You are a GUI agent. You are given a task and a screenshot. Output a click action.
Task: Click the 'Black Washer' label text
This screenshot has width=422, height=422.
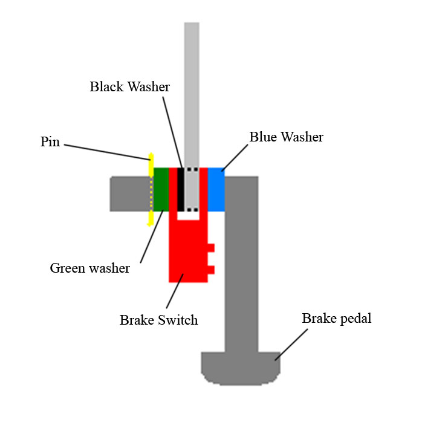[x=129, y=86]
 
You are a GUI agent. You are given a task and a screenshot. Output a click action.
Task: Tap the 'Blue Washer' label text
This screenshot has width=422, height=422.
[x=286, y=137]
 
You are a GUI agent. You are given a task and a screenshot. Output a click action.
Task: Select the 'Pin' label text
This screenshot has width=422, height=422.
[x=50, y=143]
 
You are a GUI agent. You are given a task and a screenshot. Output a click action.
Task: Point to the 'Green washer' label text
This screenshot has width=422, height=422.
[x=89, y=267]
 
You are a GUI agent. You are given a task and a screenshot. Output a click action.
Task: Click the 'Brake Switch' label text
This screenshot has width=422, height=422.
[x=158, y=320]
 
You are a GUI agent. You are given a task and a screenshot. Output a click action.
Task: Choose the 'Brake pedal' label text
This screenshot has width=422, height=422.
[x=337, y=319]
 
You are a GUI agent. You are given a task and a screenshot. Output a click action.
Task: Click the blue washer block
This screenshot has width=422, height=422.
[x=216, y=189]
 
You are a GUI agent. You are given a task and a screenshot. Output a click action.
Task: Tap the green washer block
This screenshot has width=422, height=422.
[x=160, y=189]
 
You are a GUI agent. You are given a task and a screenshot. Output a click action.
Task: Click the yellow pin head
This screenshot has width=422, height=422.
[x=149, y=164]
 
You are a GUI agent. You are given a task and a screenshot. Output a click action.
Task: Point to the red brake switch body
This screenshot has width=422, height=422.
[x=187, y=254]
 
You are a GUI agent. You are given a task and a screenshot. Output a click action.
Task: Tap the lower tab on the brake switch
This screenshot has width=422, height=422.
[x=211, y=269]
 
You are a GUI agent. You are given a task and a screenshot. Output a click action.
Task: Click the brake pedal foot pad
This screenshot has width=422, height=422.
[x=241, y=366]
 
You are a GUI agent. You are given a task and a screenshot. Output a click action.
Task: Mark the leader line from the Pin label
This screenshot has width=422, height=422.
[x=106, y=151]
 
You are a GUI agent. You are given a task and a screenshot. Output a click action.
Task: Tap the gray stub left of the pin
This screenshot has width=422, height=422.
[x=129, y=193]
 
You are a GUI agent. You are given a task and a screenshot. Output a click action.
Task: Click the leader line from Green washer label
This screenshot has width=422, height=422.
[x=152, y=236]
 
